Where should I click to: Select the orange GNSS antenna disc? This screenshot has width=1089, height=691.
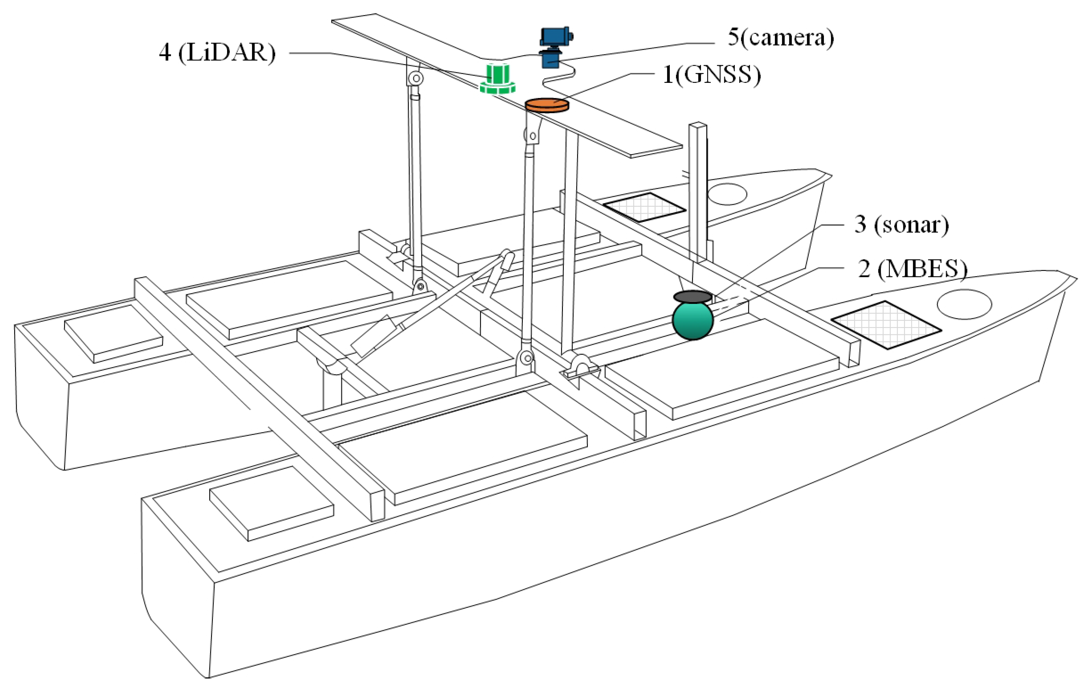pos(547,105)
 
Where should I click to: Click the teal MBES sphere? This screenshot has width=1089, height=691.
pos(692,320)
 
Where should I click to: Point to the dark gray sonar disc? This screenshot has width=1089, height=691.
pos(692,297)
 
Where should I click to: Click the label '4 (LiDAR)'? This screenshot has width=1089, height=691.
pos(217,53)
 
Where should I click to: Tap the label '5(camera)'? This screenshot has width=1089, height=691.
pos(780,37)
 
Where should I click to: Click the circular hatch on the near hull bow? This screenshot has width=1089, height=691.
pos(964,304)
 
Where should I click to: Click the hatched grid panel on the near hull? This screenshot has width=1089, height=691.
pos(886,325)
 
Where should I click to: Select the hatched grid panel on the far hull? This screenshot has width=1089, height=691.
pos(644,207)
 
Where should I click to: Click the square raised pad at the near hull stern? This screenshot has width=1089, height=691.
pos(271,503)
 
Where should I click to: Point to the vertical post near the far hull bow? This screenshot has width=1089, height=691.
pos(698,190)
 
